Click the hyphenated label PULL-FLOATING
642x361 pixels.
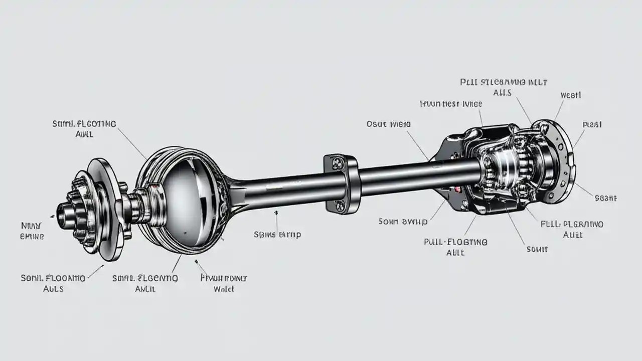(x=456, y=242)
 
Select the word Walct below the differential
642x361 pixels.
(x=224, y=289)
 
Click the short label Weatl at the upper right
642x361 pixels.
(x=570, y=95)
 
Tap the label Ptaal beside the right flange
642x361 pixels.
(x=592, y=124)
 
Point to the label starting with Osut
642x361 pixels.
(x=388, y=124)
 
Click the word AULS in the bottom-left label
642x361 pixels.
(x=52, y=289)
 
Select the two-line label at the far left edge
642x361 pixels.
(x=32, y=231)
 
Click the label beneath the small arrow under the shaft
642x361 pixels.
(x=277, y=234)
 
